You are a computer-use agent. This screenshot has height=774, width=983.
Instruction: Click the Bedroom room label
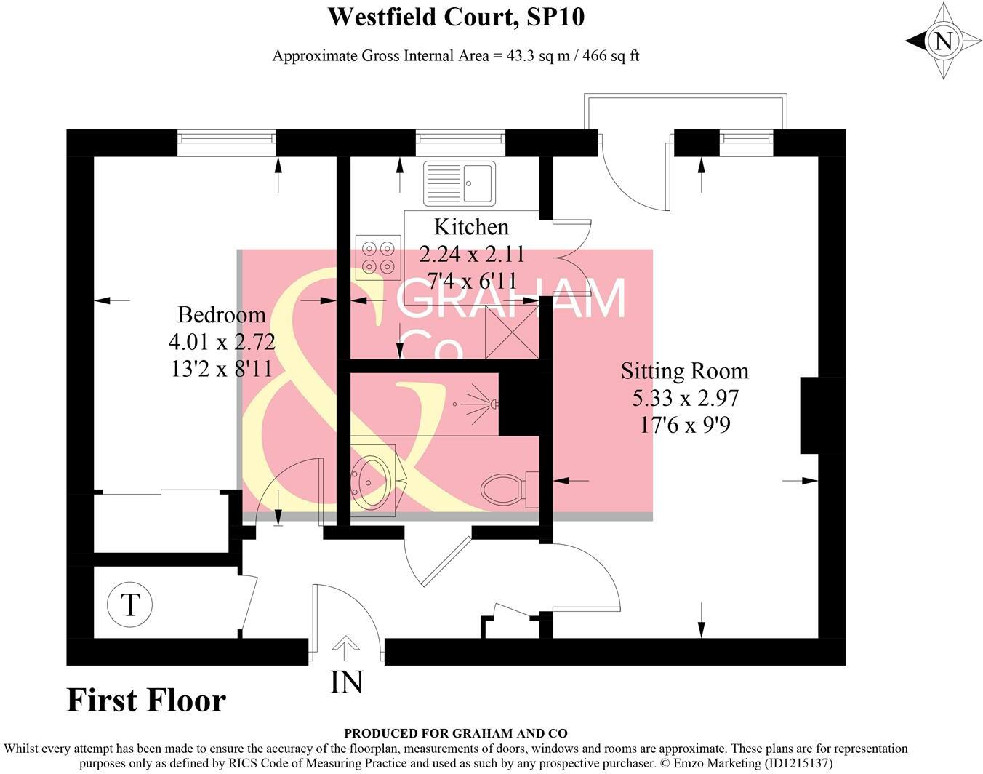[222, 314]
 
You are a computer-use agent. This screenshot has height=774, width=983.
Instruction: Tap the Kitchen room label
[471, 227]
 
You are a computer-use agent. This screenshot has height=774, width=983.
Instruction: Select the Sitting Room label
[684, 371]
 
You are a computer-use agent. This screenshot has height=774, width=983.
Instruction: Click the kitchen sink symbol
[459, 182]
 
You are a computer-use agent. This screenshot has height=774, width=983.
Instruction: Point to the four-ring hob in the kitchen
[378, 257]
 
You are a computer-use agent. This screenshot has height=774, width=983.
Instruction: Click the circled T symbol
[130, 605]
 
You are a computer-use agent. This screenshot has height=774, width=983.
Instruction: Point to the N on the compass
[943, 41]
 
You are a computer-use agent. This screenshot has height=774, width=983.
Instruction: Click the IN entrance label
[346, 682]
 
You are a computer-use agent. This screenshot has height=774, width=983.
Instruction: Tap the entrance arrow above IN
[346, 646]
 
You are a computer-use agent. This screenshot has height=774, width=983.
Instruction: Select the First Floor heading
[146, 700]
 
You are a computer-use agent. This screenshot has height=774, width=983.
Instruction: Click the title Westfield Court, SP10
[456, 16]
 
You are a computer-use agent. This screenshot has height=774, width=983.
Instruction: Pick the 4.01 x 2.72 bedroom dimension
[222, 341]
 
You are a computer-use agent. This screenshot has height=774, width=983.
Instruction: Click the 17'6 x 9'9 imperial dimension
[684, 424]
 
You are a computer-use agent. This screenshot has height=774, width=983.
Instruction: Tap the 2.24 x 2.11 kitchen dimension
[471, 254]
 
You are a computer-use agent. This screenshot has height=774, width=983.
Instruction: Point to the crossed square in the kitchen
[512, 332]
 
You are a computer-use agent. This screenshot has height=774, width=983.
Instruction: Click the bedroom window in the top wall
[227, 142]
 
